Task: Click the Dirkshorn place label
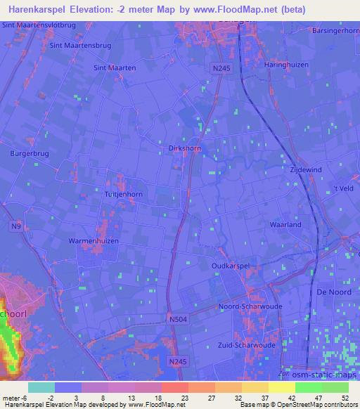click(186, 148)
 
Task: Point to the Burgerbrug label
click(27, 152)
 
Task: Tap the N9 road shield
click(16, 226)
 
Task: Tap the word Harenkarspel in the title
click(46, 10)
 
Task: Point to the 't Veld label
click(344, 188)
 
